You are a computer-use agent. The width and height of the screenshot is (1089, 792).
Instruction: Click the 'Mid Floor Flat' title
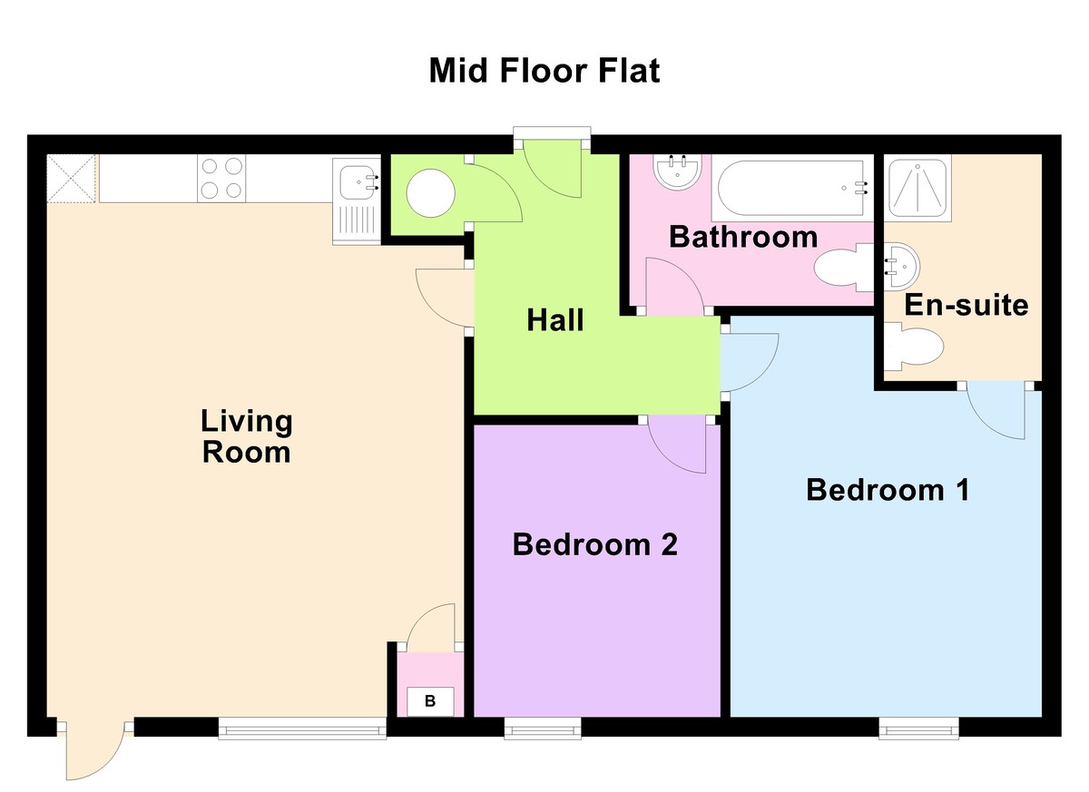[x=544, y=71]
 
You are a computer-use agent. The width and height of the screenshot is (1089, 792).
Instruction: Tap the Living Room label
[x=247, y=436]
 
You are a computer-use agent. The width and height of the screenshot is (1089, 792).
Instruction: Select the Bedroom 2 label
[x=594, y=544]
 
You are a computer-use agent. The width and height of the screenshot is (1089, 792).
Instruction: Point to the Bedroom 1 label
[x=888, y=489]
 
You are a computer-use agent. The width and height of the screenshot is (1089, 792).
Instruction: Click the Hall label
[x=555, y=320]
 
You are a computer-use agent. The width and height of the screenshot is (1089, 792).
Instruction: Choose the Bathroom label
[x=743, y=237]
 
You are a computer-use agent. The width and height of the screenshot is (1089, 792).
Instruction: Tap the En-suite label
[x=966, y=305]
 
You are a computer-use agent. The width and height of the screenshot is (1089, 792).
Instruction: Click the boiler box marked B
[x=430, y=701]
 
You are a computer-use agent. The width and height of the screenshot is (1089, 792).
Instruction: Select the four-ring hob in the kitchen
[x=221, y=179]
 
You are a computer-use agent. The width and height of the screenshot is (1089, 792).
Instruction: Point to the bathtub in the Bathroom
[x=792, y=188]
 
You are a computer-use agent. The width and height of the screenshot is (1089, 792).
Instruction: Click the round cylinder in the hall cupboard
[x=430, y=193]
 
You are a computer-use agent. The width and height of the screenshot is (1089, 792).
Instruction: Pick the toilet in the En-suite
[x=914, y=347]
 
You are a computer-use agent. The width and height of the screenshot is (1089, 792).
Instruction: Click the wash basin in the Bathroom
[x=677, y=172]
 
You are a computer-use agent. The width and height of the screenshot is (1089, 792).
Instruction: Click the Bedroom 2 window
[x=543, y=728]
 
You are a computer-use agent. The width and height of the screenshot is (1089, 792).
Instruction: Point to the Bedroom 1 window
[x=918, y=728]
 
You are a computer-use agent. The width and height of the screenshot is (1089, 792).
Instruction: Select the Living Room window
[x=302, y=728]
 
